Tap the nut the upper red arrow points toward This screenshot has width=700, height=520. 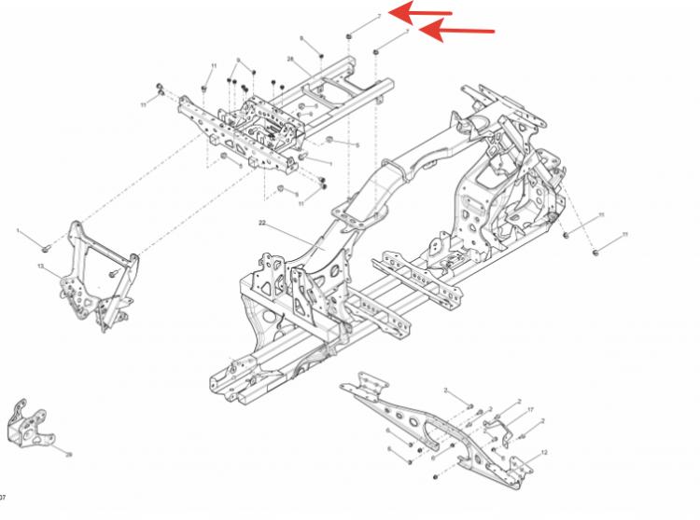click(x=349, y=36)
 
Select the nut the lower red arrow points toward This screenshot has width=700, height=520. click(x=375, y=49)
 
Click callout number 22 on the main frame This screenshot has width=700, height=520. click(x=262, y=224)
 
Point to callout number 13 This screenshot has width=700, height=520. click(x=41, y=267)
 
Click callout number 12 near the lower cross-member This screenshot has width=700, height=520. click(x=544, y=453)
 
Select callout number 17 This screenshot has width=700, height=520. click(x=530, y=410)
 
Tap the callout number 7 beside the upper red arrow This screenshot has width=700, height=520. click(x=380, y=16)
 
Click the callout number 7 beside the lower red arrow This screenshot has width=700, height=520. click(x=408, y=31)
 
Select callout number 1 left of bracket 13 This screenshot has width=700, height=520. click(x=17, y=229)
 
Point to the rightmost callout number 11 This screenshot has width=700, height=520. click(x=626, y=234)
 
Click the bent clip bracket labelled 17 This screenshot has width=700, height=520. click(x=500, y=426)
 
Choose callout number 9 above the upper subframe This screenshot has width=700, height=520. click(x=238, y=61)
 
